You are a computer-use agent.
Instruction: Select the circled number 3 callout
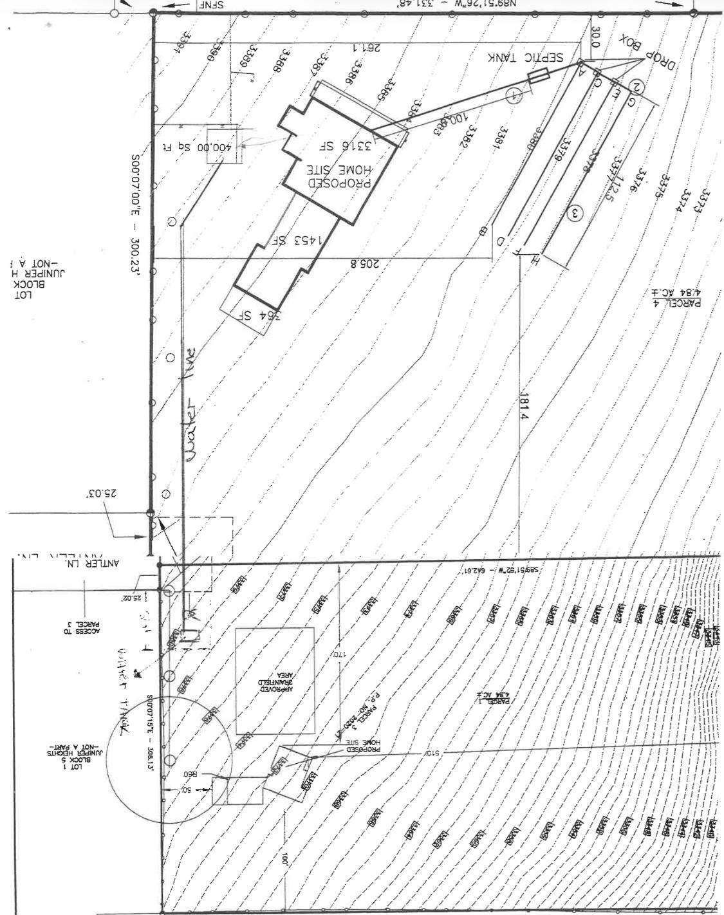pyautogui.click(x=577, y=212)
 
